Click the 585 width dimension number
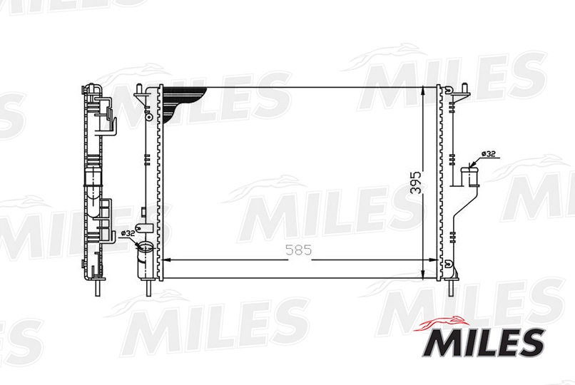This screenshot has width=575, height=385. pos(299,250)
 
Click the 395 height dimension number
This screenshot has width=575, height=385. pos(416,182)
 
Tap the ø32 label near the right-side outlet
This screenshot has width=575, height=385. pos(488,154)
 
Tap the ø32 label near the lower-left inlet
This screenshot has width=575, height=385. pos(128,232)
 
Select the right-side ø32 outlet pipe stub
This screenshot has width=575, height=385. pos(469,176)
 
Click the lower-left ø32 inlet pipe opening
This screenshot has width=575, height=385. pos(146,247)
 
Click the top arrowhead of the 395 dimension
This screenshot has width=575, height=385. pos(424,92)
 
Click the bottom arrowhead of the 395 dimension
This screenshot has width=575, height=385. pos(424,272)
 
